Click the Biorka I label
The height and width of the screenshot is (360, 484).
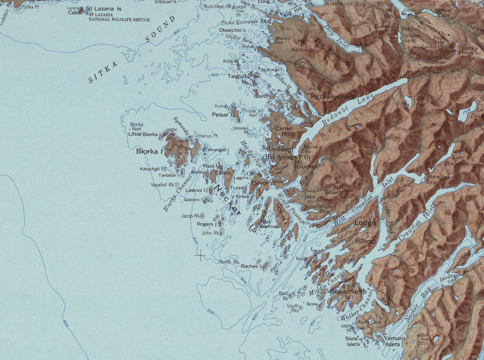[x=149, y=152]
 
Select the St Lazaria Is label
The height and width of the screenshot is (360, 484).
[x=104, y=9]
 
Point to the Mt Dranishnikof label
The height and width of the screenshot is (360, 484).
[x=332, y=97]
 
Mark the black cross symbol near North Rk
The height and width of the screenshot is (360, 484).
[x=200, y=256]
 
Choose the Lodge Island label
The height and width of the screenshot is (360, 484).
[x=365, y=232]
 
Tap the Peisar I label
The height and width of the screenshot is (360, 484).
[x=222, y=115]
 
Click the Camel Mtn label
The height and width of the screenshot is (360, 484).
[x=284, y=131]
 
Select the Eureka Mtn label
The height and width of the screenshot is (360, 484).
[x=384, y=30]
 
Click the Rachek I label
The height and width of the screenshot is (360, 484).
[x=250, y=266]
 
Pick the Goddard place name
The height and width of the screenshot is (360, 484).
[x=280, y=149]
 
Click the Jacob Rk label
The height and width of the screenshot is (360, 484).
[x=190, y=216]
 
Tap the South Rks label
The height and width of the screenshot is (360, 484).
[x=293, y=308]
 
